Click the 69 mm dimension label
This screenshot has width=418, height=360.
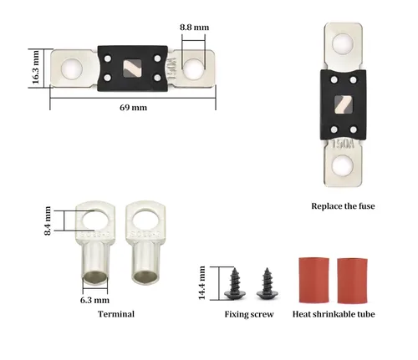(x=133, y=108)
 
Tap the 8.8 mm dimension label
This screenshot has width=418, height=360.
(x=194, y=28)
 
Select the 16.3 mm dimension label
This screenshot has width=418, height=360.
(x=36, y=67)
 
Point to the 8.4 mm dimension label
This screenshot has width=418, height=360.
(x=48, y=221)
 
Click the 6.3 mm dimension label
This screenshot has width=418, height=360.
(x=94, y=300)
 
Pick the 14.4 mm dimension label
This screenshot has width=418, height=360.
(x=201, y=283)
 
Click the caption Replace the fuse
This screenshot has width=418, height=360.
(x=343, y=206)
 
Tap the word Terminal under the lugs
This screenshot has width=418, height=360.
(x=116, y=314)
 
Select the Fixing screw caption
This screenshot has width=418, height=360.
(x=249, y=314)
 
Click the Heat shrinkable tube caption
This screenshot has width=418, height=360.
(x=334, y=314)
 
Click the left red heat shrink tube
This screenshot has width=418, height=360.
(x=313, y=280)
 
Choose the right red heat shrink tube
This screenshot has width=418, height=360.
(x=352, y=281)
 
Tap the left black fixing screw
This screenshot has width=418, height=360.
(x=235, y=284)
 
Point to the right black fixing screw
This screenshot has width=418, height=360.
(x=267, y=284)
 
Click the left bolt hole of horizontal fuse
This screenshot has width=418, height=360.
(x=72, y=68)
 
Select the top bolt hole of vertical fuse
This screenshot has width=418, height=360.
(x=343, y=44)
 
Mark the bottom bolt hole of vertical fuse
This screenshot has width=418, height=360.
(x=343, y=165)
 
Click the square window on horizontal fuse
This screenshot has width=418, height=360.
(x=132, y=68)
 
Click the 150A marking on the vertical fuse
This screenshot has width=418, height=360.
(x=343, y=145)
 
